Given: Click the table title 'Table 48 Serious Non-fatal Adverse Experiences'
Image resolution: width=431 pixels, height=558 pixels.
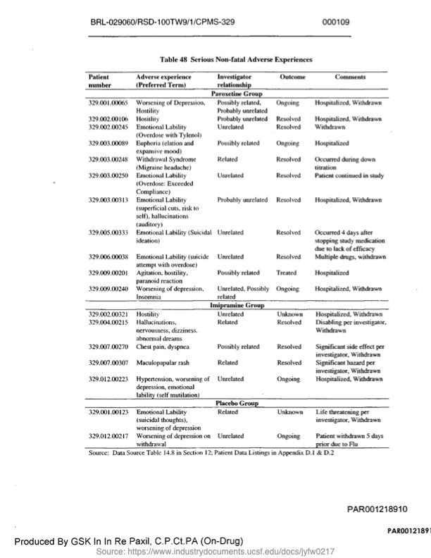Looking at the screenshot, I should pos(236,61).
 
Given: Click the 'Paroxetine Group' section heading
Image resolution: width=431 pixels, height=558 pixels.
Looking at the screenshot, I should pos(237,93).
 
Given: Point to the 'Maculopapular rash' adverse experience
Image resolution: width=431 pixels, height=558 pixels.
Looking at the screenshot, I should pos(161,362).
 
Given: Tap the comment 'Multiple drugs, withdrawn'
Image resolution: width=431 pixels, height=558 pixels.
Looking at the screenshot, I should pos(350,257).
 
